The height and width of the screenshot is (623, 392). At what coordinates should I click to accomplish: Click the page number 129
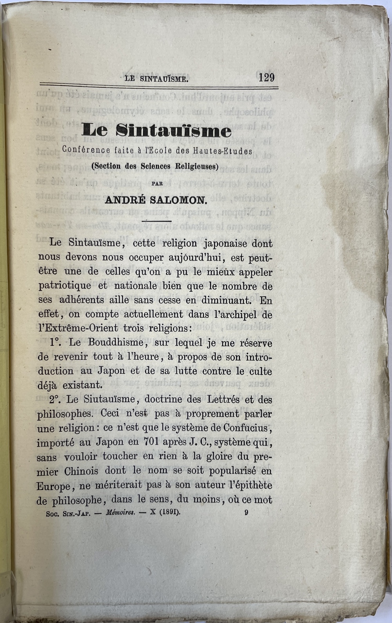[x=266, y=77]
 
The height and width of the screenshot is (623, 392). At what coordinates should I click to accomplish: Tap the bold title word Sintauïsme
[x=174, y=130]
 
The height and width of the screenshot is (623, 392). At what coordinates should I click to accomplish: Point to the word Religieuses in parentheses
[x=196, y=166]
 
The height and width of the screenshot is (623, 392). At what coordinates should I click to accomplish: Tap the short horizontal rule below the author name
[x=156, y=221]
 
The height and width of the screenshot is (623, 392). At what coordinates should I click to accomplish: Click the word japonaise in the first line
[x=226, y=243]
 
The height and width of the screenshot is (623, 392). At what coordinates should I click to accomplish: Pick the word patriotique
[x=65, y=286]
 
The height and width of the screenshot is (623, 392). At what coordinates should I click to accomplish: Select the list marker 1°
[x=57, y=342]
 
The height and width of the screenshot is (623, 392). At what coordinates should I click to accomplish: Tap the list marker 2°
[x=56, y=400]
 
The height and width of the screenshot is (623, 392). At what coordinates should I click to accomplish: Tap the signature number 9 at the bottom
[x=246, y=512]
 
